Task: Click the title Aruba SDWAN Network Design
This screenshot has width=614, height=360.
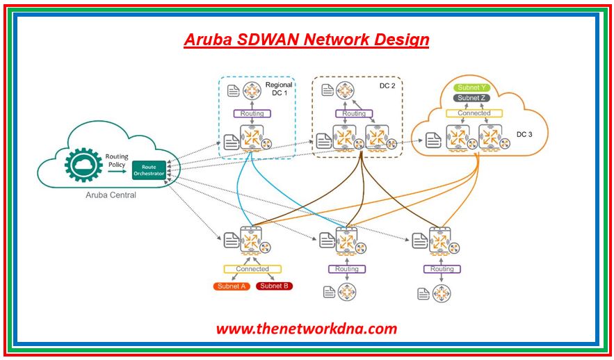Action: tap(306, 39)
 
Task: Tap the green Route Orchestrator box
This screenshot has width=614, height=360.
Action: tap(150, 169)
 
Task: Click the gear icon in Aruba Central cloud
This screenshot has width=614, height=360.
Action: tap(83, 165)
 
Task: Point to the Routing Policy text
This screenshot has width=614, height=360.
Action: tap(116, 161)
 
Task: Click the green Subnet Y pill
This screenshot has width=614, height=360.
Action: tap(473, 88)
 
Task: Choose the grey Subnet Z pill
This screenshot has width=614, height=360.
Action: tap(473, 99)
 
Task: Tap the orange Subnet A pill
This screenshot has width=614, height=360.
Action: tap(232, 286)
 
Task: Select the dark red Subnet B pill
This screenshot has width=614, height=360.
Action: tap(274, 286)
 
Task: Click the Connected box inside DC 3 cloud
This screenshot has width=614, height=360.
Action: tap(474, 113)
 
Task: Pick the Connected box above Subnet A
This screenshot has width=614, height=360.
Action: tap(252, 269)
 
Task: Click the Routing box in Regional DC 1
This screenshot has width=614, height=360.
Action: tap(252, 113)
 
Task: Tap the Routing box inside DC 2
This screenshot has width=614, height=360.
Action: tap(353, 113)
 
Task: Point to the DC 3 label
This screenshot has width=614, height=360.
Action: tap(524, 133)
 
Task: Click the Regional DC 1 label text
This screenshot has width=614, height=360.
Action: tap(279, 88)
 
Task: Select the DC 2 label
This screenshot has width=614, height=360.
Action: tap(387, 85)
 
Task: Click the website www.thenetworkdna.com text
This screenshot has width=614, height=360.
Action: tap(306, 328)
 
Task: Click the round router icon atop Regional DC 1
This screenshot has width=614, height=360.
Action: tap(251, 90)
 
